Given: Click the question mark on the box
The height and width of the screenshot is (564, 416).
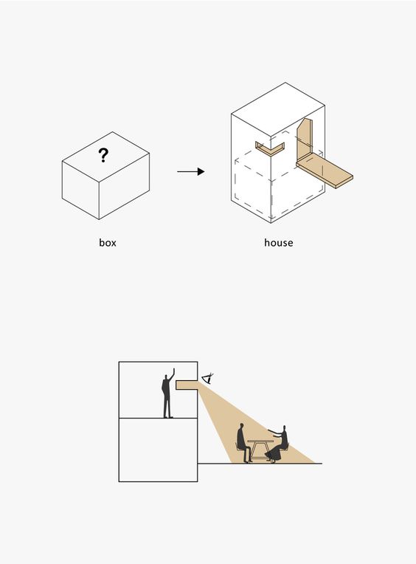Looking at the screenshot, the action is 103,155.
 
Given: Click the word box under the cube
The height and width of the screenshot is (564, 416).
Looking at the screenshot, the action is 108,243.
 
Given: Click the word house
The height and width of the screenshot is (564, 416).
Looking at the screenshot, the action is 278,243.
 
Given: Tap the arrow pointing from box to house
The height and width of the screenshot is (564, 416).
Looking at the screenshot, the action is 191,171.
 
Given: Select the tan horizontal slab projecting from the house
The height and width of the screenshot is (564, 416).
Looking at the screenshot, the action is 325,171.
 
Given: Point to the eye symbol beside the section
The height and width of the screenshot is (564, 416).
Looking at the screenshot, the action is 208,379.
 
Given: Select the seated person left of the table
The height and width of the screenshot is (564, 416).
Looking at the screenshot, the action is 243,443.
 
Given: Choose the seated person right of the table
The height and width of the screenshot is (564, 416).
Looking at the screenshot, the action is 278,444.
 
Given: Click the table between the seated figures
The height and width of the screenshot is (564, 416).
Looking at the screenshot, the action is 260,450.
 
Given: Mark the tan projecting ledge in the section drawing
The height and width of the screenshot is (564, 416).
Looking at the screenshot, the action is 187,385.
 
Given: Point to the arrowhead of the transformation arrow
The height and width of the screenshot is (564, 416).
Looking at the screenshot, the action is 201,171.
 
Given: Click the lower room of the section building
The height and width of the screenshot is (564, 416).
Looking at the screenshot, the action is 158,450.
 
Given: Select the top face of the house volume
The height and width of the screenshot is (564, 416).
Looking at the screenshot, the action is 278,110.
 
